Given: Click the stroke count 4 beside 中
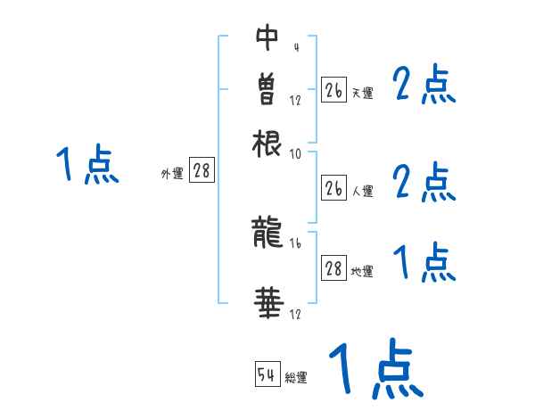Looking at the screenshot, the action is pos(295,46).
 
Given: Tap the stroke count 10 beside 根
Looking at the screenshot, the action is pos(296,153).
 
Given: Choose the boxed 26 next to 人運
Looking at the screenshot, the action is pos(333,188).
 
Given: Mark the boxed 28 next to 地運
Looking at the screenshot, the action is pos(333,269).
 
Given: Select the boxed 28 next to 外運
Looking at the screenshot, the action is pos(202,171).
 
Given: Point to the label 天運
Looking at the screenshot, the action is pos(362,92).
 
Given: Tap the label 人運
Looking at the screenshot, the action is pos(362,191).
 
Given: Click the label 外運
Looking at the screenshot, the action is pos(172,174).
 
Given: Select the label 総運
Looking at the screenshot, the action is pos(296,377).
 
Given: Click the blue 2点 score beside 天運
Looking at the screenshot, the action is pos(424,86).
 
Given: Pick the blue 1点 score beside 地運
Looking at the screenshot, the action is pos(424,263).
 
